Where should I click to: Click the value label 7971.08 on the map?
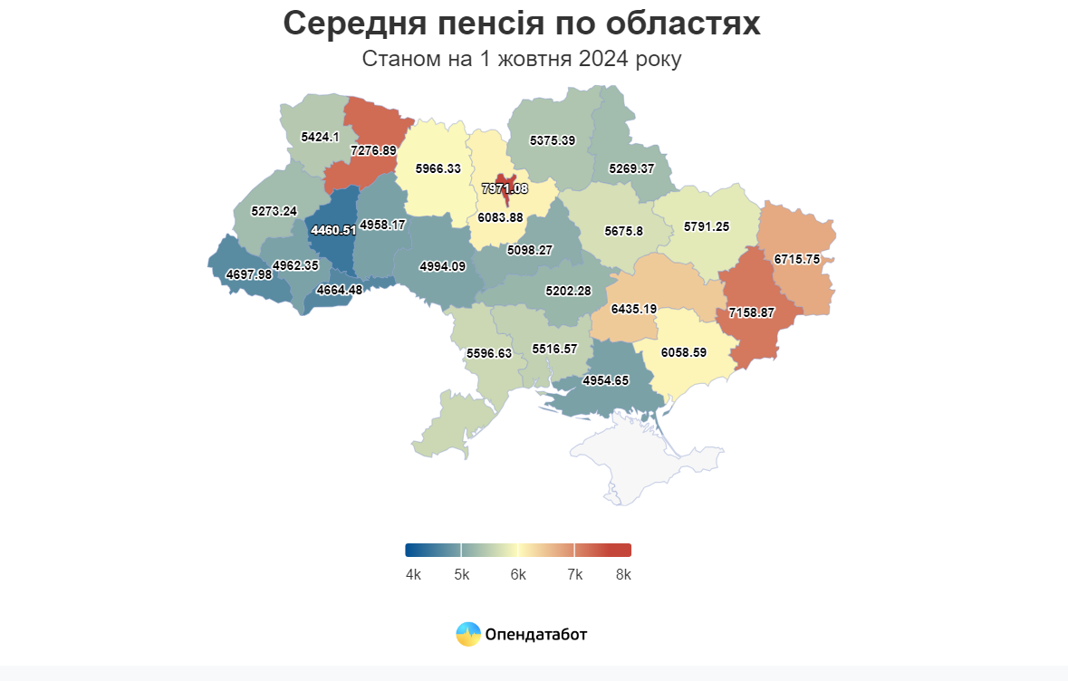pos(505,188)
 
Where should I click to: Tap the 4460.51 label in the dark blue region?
pos(333,231)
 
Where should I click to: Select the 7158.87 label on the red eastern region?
pos(752,312)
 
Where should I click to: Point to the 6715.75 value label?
pos(796,259)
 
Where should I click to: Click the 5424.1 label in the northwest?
pos(320,138)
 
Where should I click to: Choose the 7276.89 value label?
pos(373,150)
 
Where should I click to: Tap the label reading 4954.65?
pos(605,380)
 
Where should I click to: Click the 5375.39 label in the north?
pos(553,140)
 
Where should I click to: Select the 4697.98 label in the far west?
pos(248,274)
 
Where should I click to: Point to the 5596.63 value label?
pos(489,353)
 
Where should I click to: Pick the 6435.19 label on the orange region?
pos(633,309)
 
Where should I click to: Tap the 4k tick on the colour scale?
pos(413,575)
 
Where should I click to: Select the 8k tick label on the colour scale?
pos(622,575)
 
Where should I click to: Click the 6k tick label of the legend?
pos(518,575)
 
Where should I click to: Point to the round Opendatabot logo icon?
pos(467,635)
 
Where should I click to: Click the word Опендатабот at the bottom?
pos(536,635)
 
